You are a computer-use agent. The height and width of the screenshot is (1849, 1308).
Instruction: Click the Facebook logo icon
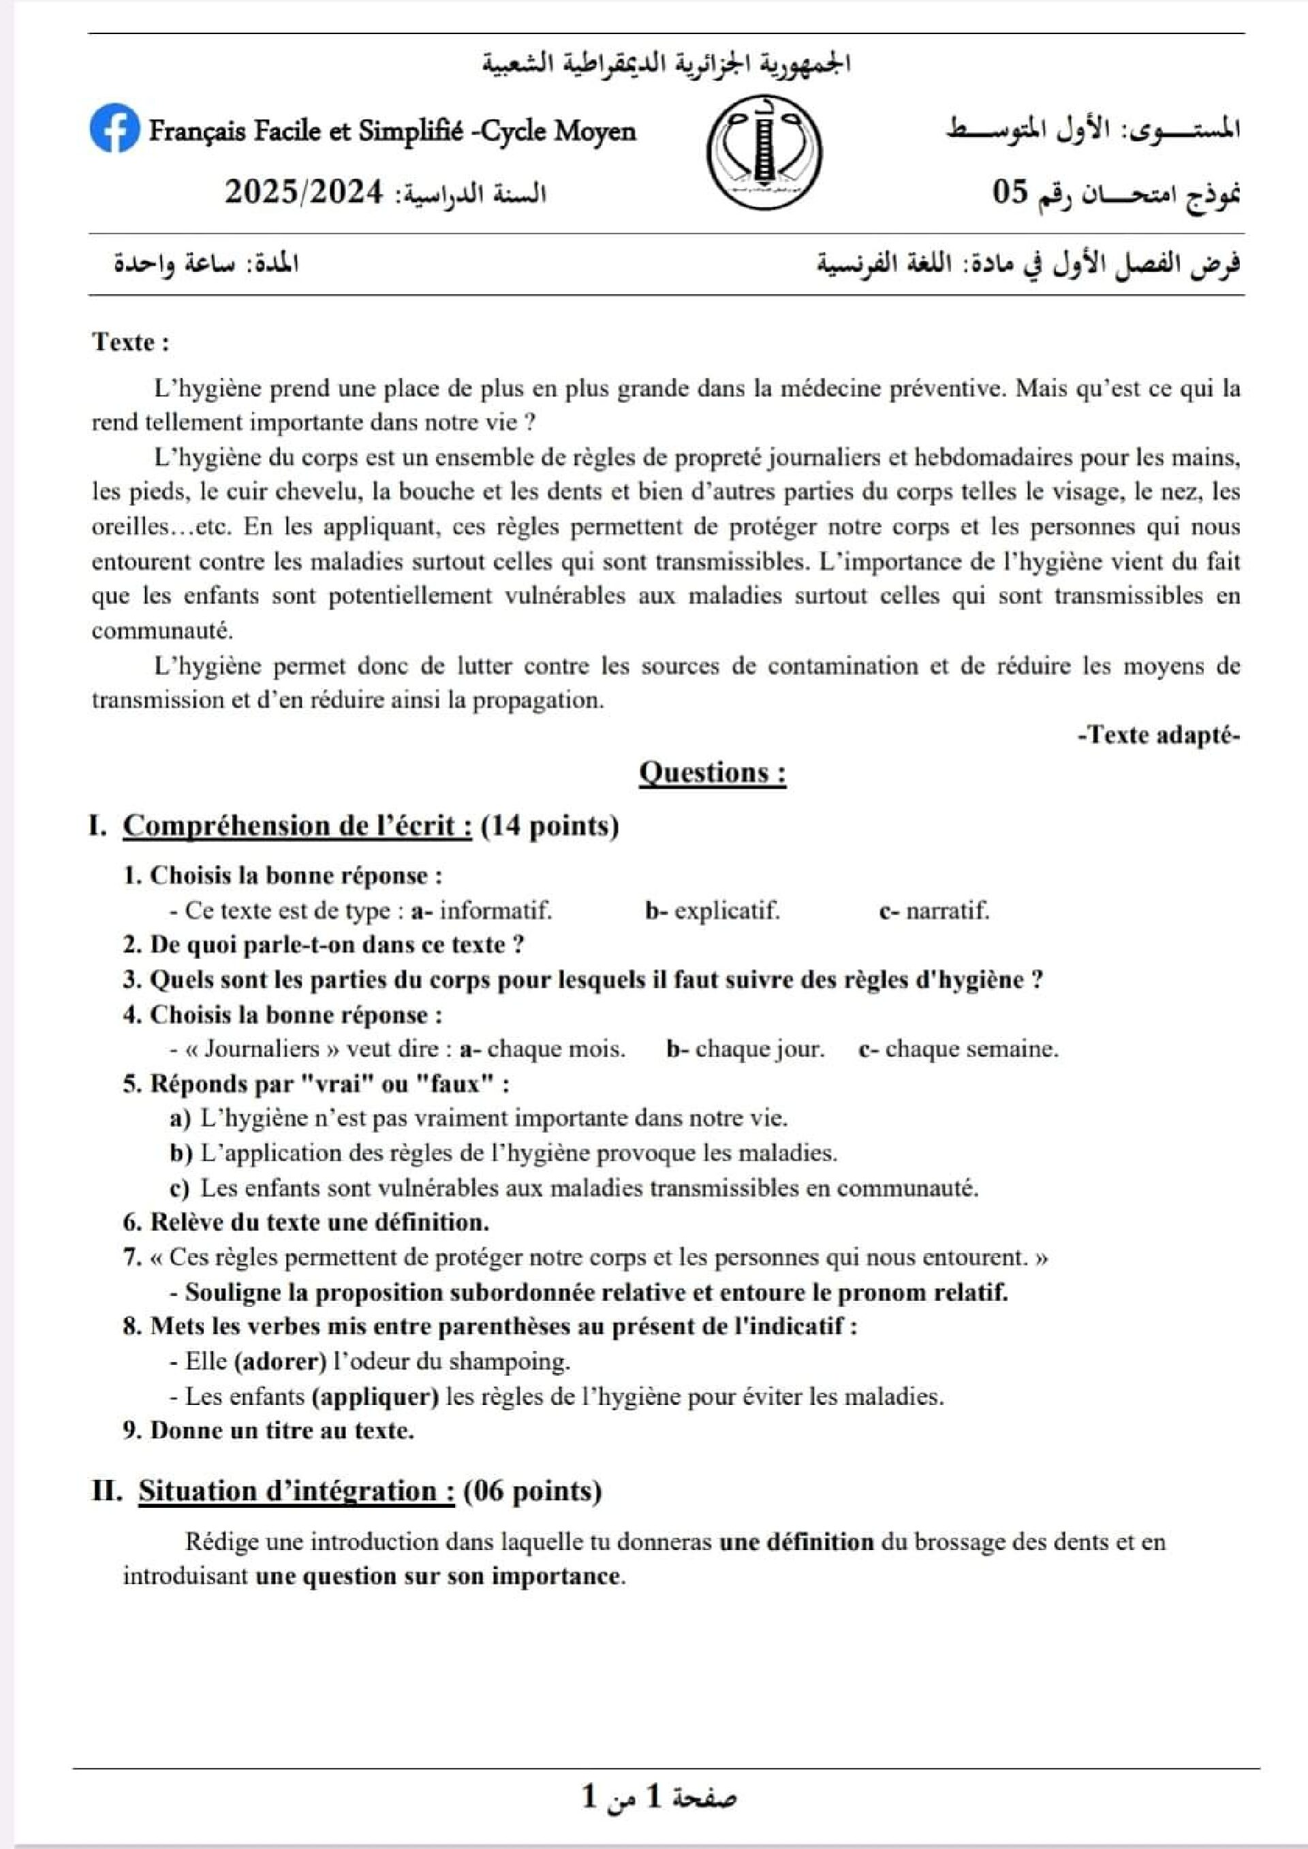114,129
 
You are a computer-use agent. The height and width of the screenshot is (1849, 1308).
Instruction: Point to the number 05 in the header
1010,193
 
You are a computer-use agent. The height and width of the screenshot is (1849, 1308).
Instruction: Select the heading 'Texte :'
131,343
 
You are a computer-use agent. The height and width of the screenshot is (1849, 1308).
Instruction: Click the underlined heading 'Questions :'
712,772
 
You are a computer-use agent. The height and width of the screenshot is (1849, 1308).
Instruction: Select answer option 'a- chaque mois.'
542,1049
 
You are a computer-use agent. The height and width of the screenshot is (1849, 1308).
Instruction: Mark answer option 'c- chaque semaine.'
959,1049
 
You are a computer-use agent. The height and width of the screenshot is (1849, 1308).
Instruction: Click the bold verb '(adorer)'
279,1362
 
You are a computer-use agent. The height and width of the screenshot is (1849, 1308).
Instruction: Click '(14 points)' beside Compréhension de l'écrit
549,826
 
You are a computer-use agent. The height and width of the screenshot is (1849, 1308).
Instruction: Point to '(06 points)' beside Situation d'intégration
532,1491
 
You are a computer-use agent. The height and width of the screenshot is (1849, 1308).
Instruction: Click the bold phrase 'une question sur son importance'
438,1576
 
